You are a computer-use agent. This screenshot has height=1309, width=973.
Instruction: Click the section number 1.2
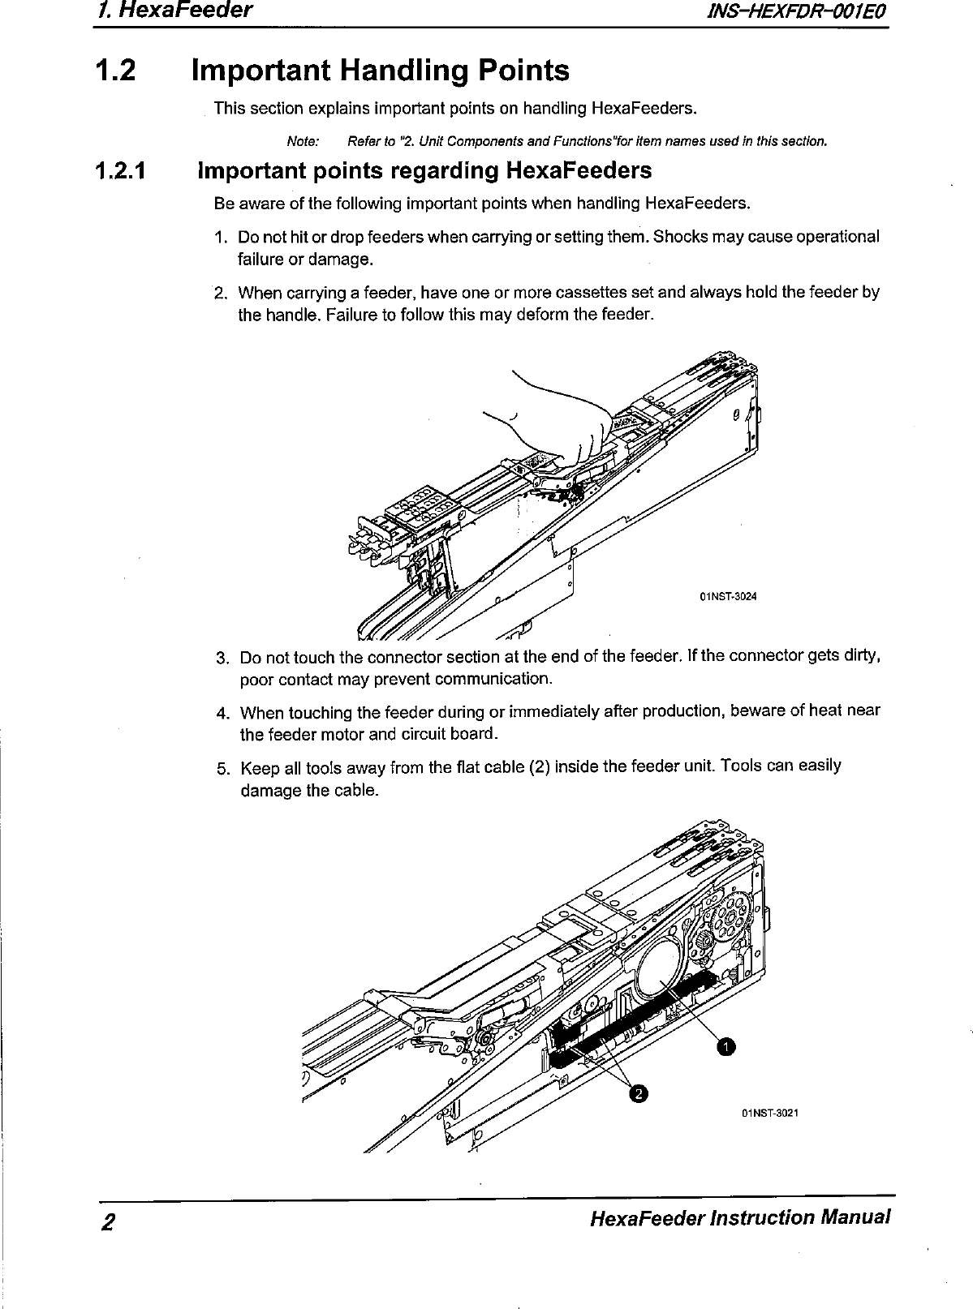click(x=115, y=71)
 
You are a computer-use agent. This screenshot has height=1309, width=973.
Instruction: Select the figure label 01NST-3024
click(x=728, y=598)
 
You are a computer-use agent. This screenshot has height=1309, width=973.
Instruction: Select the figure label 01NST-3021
click(x=770, y=1112)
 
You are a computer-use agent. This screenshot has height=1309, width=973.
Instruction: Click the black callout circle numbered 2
click(x=639, y=1095)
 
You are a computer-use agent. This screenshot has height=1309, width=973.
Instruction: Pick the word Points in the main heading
click(x=523, y=71)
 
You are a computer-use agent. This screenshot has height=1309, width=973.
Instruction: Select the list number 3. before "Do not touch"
click(x=222, y=656)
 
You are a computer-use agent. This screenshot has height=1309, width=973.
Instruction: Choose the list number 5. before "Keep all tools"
click(x=222, y=766)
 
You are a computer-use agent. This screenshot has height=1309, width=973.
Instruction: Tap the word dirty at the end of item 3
click(x=863, y=655)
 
